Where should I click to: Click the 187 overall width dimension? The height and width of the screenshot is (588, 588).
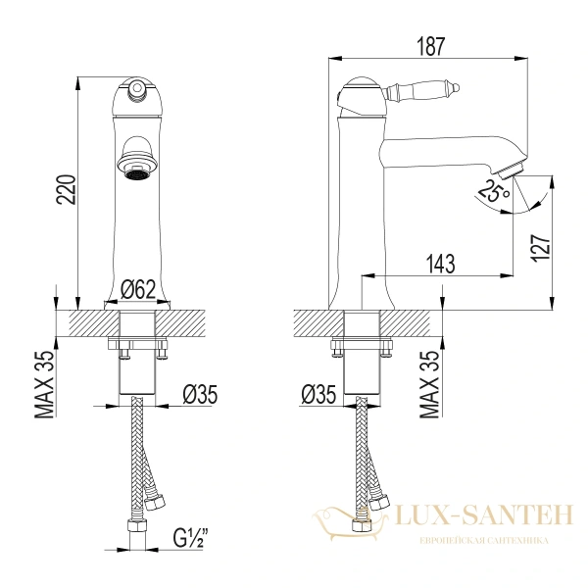click(x=430, y=46)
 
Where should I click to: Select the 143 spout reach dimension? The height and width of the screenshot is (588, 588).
click(x=440, y=264)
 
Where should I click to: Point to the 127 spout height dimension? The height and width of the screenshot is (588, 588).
click(x=540, y=249)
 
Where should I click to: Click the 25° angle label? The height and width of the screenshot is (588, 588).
click(x=494, y=191)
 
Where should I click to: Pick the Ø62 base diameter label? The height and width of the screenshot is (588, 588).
click(x=138, y=289)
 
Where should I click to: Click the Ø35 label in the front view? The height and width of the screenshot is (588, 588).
click(x=200, y=395)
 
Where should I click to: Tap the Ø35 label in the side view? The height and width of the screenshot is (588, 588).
click(x=318, y=395)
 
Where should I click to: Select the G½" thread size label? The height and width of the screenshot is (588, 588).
click(x=191, y=538)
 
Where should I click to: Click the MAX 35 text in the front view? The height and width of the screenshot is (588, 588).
click(x=45, y=384)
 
